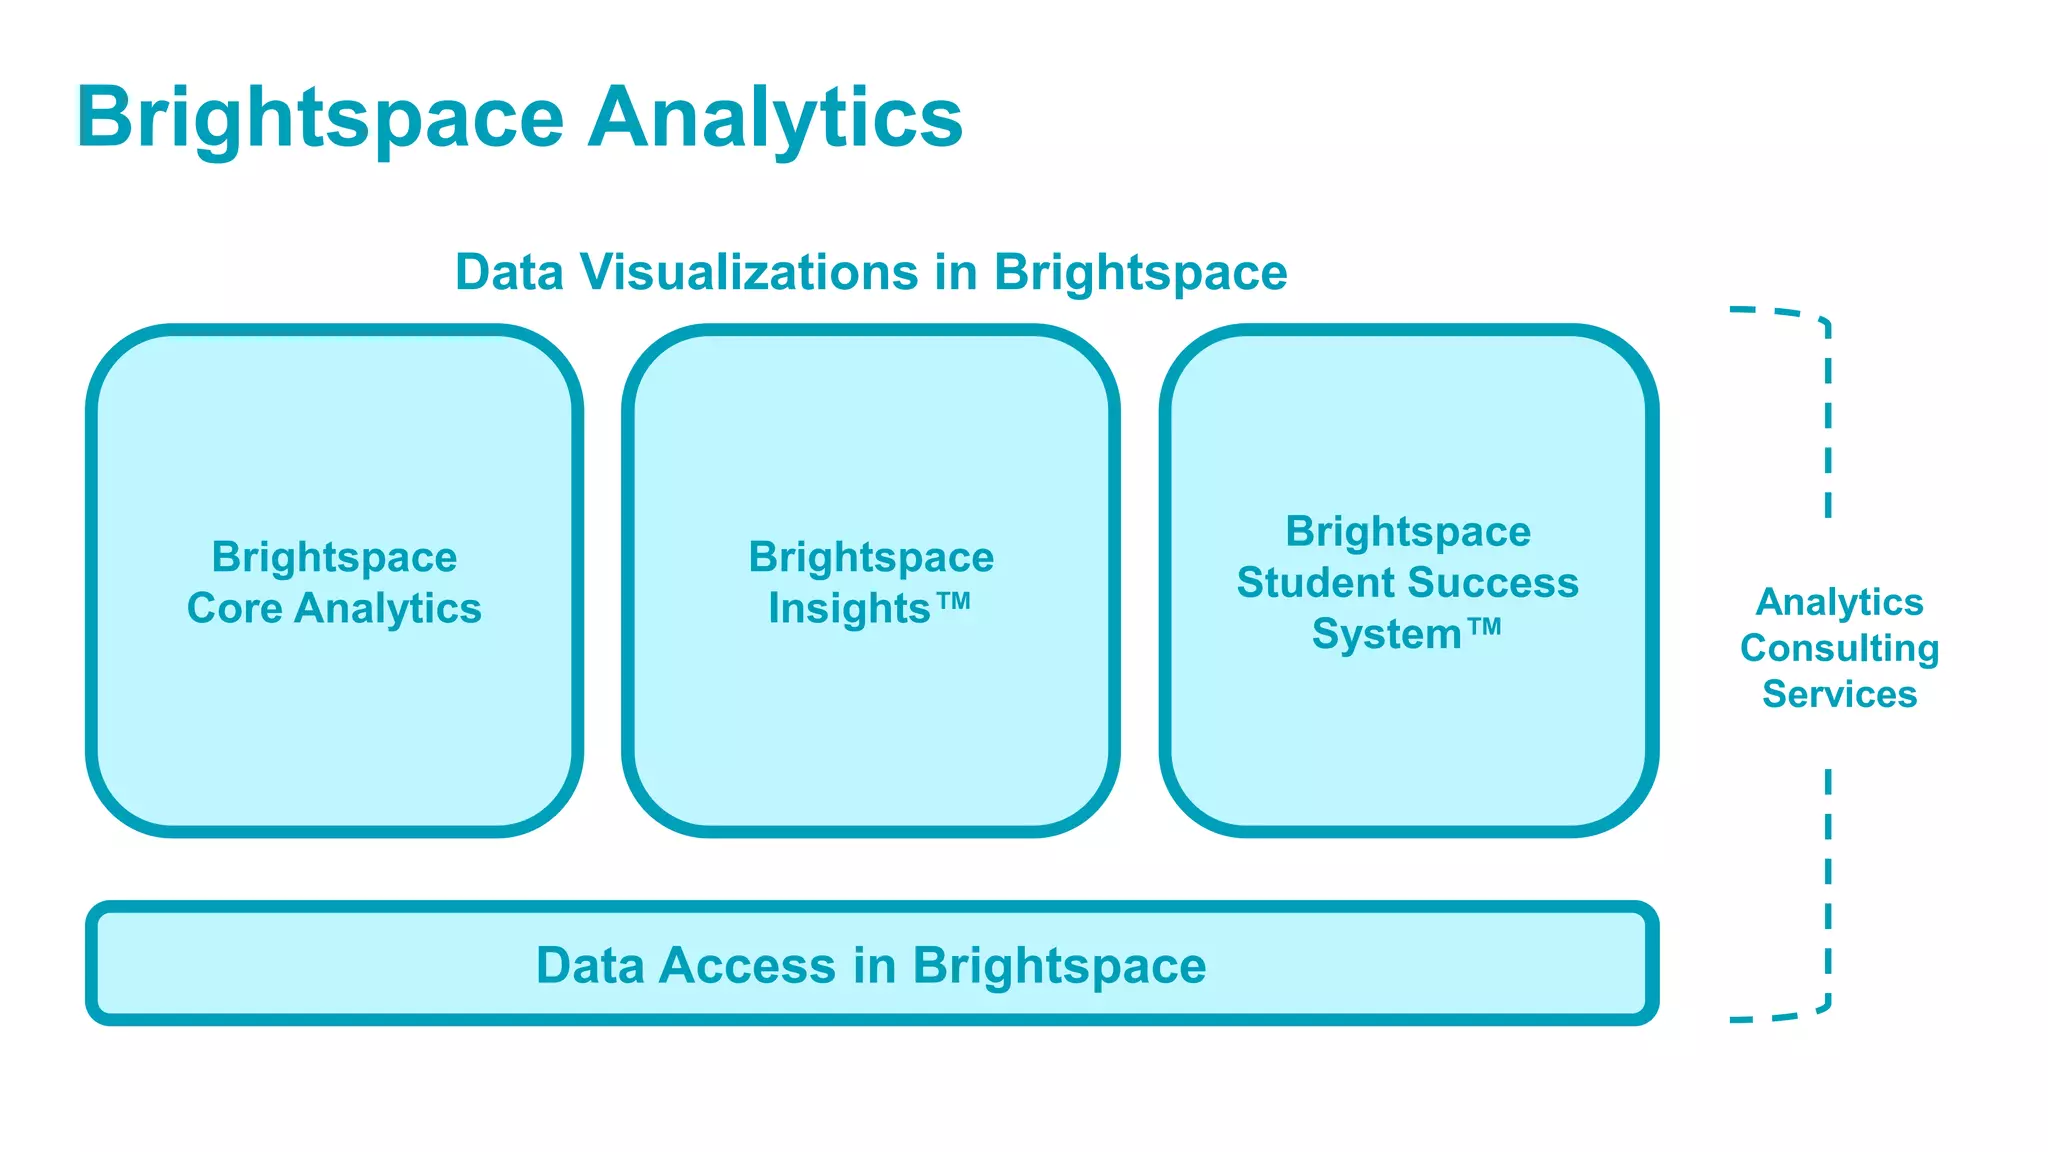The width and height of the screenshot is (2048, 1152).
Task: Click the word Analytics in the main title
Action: [775, 118]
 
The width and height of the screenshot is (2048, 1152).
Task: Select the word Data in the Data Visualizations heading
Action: [509, 272]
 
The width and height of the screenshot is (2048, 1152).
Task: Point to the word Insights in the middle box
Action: [849, 608]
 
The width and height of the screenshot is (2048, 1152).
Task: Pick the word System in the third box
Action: [1386, 634]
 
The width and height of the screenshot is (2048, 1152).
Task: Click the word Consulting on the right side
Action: [1839, 649]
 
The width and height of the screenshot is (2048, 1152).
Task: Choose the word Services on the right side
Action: [1839, 694]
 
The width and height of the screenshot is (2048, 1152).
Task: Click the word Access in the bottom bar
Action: [747, 966]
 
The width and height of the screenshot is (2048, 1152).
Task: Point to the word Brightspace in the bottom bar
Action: [1059, 966]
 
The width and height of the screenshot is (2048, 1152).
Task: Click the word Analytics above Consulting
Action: [1839, 602]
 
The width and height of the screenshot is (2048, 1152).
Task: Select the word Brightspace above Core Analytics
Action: [334, 557]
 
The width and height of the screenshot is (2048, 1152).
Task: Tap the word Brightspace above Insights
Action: [871, 557]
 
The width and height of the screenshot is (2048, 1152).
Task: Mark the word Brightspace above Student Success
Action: [1407, 532]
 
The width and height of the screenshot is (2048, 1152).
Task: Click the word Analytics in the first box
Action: [388, 608]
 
